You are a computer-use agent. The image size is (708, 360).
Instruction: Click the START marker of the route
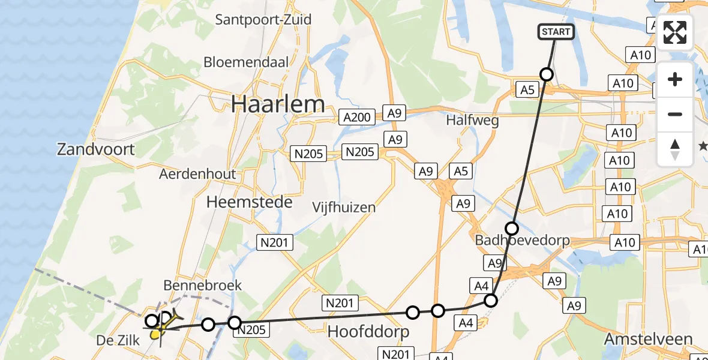[556, 32]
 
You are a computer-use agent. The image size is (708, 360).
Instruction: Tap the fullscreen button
[675, 32]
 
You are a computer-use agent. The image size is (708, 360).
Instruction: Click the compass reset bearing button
[675, 149]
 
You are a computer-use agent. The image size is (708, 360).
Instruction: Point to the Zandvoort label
[96, 149]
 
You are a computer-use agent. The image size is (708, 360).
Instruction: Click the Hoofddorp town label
[368, 331]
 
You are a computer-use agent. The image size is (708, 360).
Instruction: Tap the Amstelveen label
[648, 339]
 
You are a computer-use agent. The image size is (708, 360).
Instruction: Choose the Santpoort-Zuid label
[263, 19]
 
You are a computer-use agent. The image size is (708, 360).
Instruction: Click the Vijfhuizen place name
[344, 208]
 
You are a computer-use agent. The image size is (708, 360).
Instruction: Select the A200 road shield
[356, 117]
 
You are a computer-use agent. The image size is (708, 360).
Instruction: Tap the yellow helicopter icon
[162, 324]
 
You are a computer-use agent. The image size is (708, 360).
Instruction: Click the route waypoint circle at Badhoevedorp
[511, 228]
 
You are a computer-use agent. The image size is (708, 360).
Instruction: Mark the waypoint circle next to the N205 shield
[234, 322]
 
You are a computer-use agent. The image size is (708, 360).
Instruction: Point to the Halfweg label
[472, 121]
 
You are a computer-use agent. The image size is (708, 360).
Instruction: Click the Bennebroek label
[203, 285]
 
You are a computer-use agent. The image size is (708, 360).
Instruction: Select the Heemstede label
[249, 202]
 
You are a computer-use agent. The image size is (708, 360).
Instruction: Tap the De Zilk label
[118, 341]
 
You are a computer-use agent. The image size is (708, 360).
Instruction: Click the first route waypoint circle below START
[546, 74]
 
